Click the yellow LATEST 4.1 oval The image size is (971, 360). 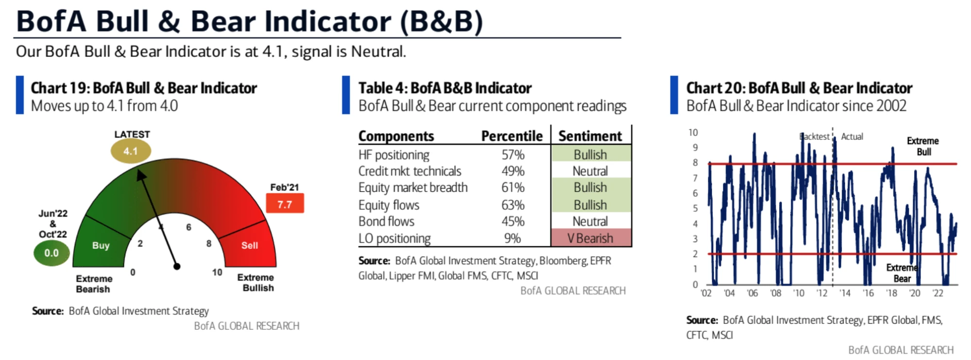coord(131,151)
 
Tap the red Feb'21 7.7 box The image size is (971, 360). coord(285,204)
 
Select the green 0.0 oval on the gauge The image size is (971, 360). coord(51,253)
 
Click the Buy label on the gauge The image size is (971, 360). coord(101,245)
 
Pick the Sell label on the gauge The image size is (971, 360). coord(250,245)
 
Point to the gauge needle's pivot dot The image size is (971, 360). coord(177,266)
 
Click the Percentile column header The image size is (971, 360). coord(512,136)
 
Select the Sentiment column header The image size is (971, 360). coord(590,136)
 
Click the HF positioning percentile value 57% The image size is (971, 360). coord(513,155)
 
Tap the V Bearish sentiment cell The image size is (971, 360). coord(591,238)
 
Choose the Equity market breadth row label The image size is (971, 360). coord(413,188)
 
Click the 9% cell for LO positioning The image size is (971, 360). coord(512,238)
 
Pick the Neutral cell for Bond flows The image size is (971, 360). coord(590,222)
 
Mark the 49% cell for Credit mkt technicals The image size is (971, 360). coord(513,171)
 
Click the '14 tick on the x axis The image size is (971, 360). coord(845,293)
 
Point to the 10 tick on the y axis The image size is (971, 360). coord(693,133)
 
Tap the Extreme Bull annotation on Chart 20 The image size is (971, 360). coord(923,146)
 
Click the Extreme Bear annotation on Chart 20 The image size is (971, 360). coord(902,273)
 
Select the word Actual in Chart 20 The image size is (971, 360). coord(852,137)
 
